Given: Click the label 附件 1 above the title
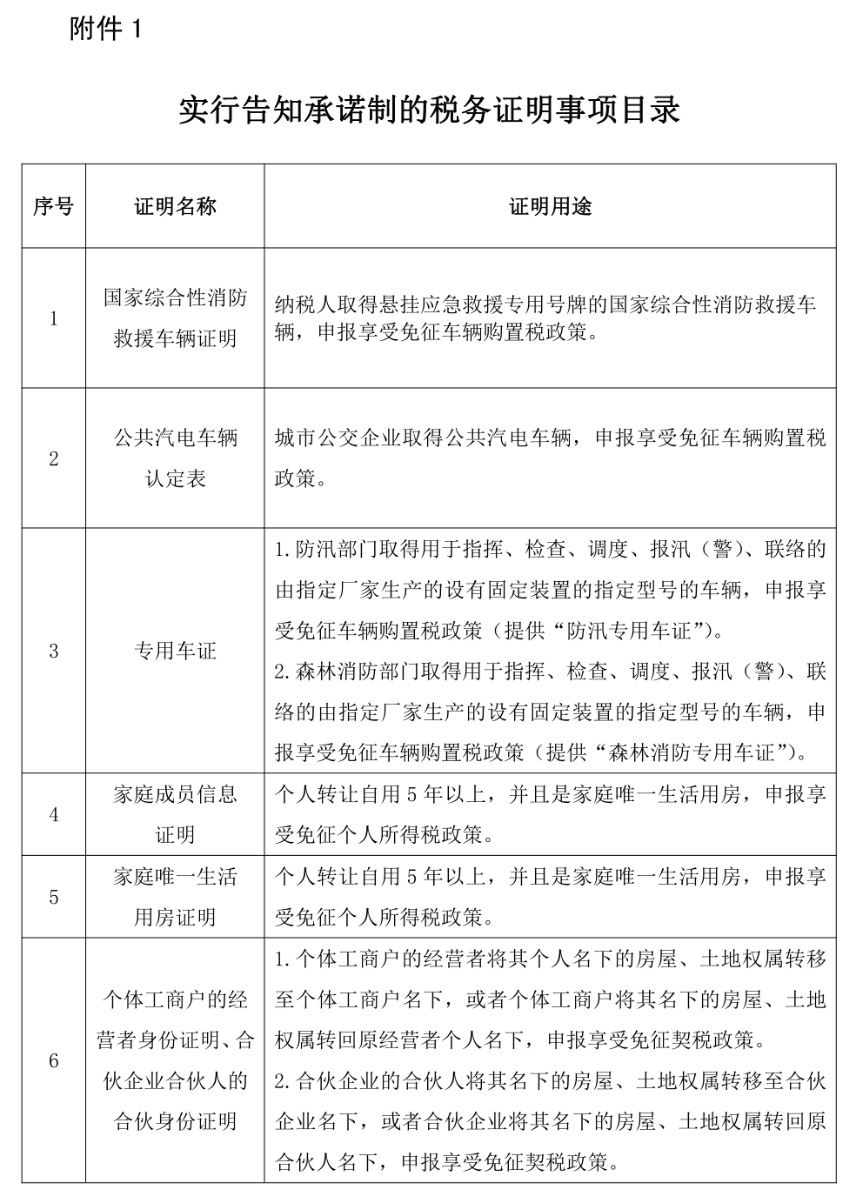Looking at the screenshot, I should click(x=104, y=30).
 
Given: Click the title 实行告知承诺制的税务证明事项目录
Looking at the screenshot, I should click(x=428, y=110).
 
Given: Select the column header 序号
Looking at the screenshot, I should click(x=53, y=206).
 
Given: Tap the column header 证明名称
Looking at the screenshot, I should click(x=175, y=206).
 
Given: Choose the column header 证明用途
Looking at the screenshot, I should click(x=550, y=206).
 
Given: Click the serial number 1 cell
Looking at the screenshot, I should click(x=53, y=318).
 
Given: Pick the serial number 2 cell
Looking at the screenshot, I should click(x=53, y=458).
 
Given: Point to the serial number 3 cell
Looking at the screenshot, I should click(x=53, y=651).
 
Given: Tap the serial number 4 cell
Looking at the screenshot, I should click(x=53, y=815).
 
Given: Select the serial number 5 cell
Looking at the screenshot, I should click(x=53, y=897).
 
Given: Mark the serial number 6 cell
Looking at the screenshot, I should click(x=53, y=1060).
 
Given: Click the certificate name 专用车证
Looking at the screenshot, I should click(x=175, y=651).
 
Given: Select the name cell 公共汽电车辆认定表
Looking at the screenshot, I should click(x=175, y=458).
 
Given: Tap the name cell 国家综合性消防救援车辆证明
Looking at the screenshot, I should click(x=175, y=318).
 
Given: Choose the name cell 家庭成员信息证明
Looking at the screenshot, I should click(x=175, y=815).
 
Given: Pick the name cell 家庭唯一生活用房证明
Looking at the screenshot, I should click(x=175, y=897).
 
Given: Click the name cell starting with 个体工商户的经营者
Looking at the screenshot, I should click(x=175, y=1060).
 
